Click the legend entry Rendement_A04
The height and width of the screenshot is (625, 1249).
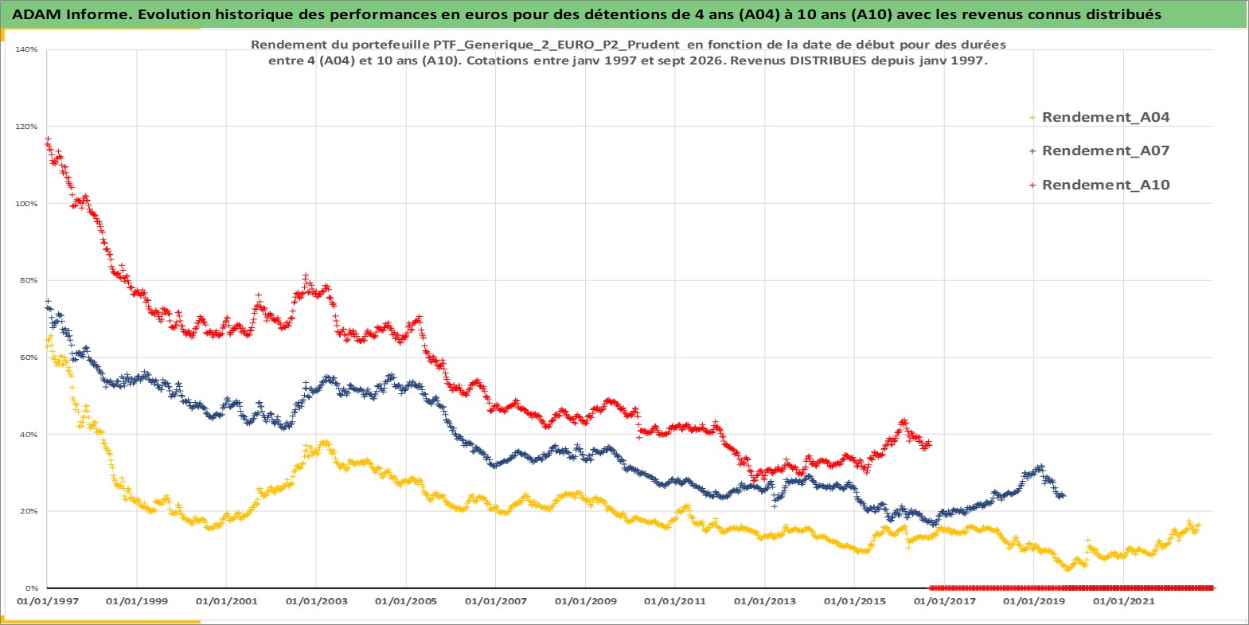[x=1099, y=117]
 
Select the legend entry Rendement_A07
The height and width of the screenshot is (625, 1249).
[x=1099, y=150]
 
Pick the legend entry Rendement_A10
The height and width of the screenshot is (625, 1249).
[x=1099, y=185]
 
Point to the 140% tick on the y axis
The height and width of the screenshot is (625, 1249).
[x=26, y=49]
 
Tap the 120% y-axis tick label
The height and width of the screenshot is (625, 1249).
[x=26, y=127]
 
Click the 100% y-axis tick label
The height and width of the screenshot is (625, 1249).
[x=26, y=204]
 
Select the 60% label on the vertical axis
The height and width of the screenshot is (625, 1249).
[x=29, y=357]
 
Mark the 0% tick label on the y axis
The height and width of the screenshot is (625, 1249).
[x=31, y=588]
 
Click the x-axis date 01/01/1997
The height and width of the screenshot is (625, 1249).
[x=48, y=602]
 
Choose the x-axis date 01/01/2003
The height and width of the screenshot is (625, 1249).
[x=316, y=602]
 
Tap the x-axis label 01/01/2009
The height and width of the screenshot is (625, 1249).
[x=585, y=602]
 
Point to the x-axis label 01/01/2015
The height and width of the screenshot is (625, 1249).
[x=854, y=602]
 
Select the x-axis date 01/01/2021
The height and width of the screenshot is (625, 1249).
[x=1123, y=602]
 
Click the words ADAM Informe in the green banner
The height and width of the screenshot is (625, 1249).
[x=72, y=14]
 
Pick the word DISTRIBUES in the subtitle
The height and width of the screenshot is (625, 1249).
[x=818, y=61]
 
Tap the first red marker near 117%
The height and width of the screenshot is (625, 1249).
[x=48, y=139]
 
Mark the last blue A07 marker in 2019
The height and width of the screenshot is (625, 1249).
[x=1062, y=495]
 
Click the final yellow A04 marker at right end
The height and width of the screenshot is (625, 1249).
[x=1198, y=525]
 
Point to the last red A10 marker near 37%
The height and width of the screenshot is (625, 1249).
[x=929, y=443]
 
